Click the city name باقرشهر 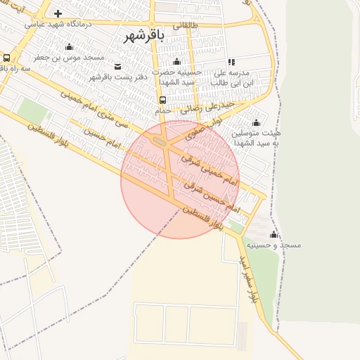pos(144,36)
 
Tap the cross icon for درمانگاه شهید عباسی pos(57,13)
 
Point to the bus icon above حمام pos(163,100)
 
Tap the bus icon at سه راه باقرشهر pos(6,58)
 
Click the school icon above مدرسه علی pos(231,63)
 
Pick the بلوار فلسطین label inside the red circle pos(203,219)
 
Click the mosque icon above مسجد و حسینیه pos(274,234)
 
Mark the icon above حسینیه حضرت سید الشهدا pos(176,63)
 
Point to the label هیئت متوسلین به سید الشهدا pos(256,137)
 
